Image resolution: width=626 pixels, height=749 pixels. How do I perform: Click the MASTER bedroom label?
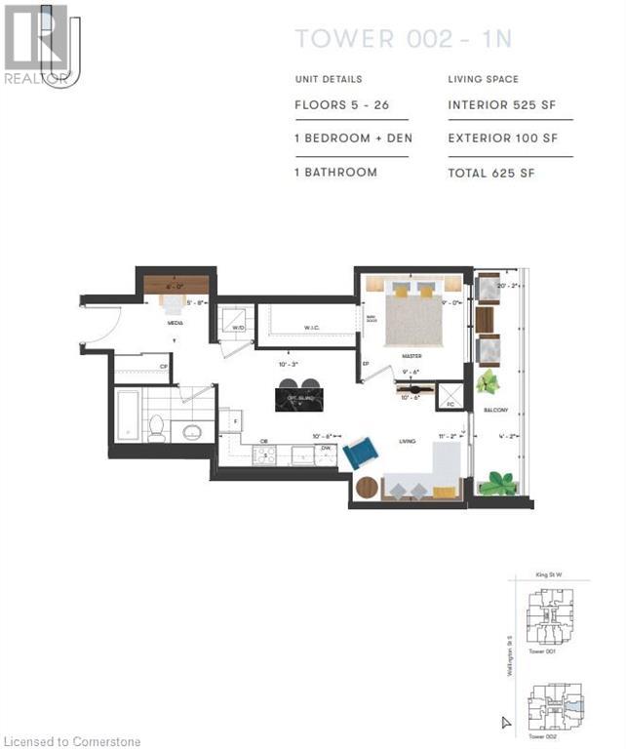(x=411, y=356)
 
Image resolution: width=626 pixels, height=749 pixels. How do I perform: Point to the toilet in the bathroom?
(x=156, y=425)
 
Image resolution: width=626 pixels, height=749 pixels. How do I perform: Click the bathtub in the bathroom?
(x=128, y=415)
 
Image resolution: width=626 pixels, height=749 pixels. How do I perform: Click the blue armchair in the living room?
(x=361, y=453)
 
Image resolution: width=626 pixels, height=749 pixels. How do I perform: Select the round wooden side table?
(x=367, y=487)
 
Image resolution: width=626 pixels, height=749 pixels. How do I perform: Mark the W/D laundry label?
(x=238, y=328)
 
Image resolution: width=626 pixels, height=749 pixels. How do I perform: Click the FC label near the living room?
(x=450, y=402)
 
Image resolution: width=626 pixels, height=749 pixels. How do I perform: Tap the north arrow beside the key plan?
(x=505, y=723)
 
